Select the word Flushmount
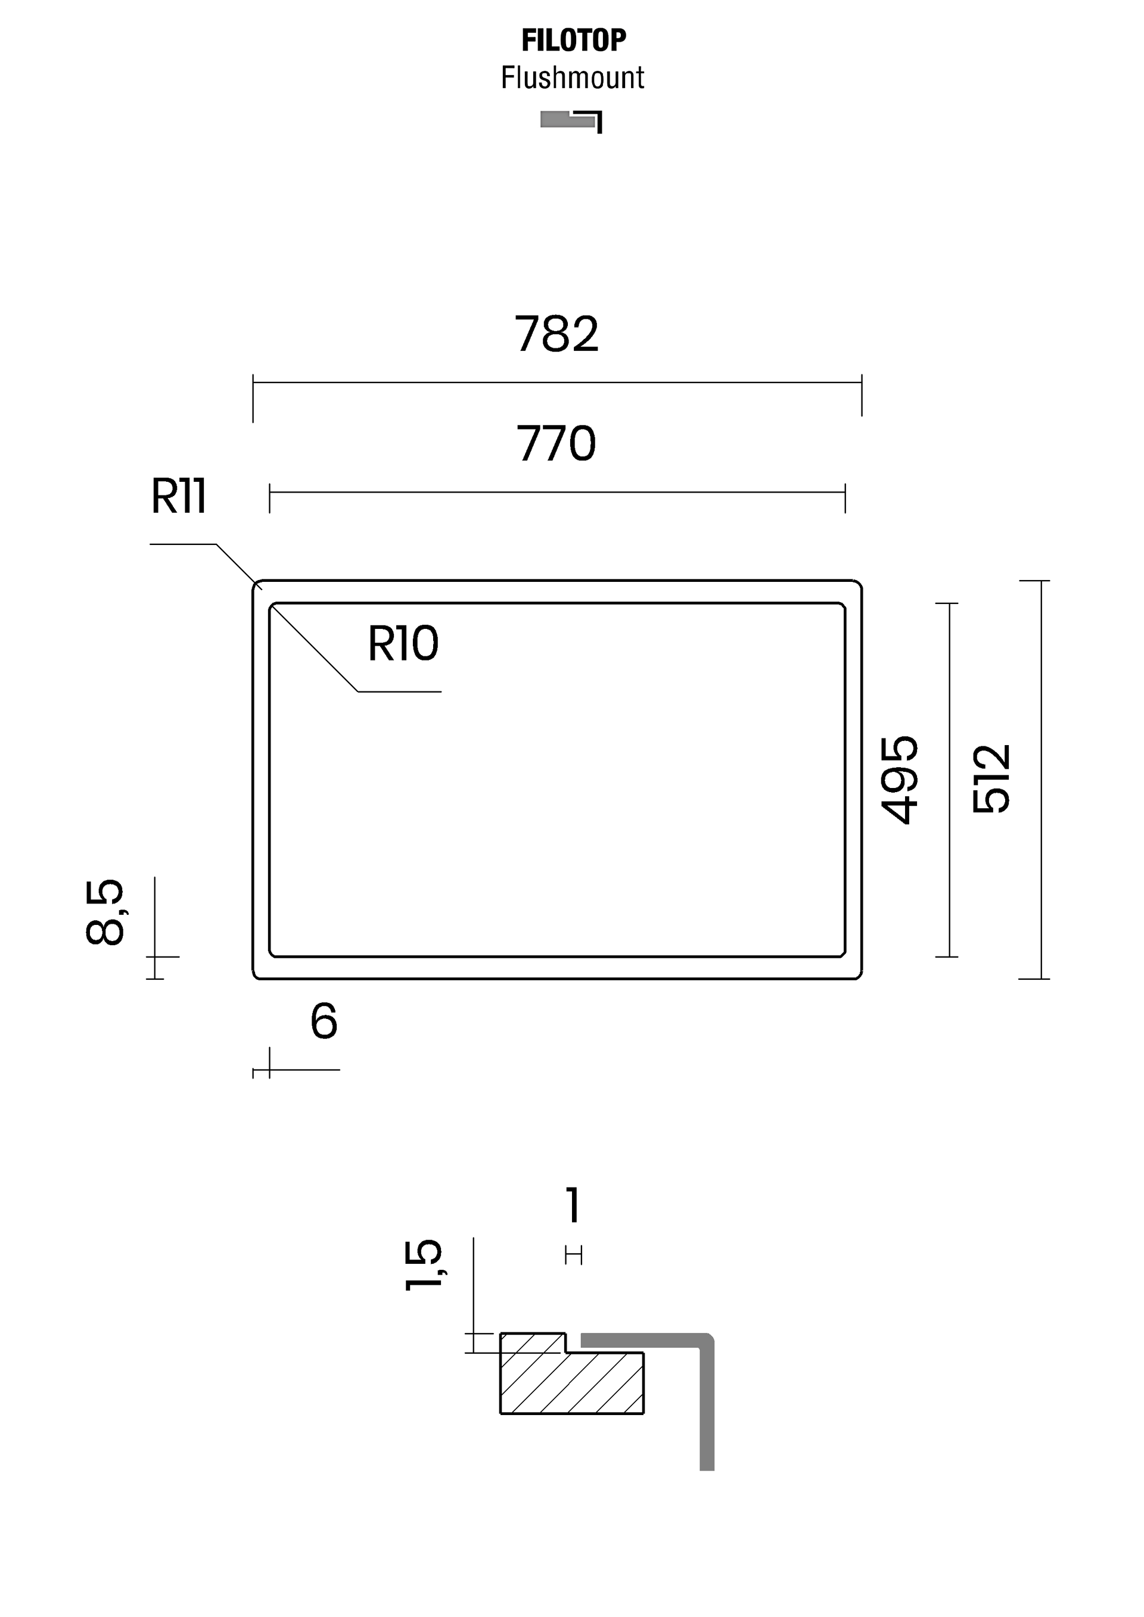[x=572, y=78]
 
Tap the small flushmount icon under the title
[x=571, y=120]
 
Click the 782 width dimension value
[x=557, y=335]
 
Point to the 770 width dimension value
[x=557, y=444]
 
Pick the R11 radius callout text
[x=179, y=497]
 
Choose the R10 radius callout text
[x=403, y=644]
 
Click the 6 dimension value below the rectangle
[x=324, y=1022]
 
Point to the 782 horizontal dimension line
[x=557, y=383]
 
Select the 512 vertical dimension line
[x=1041, y=780]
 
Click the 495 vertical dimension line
[x=950, y=780]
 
